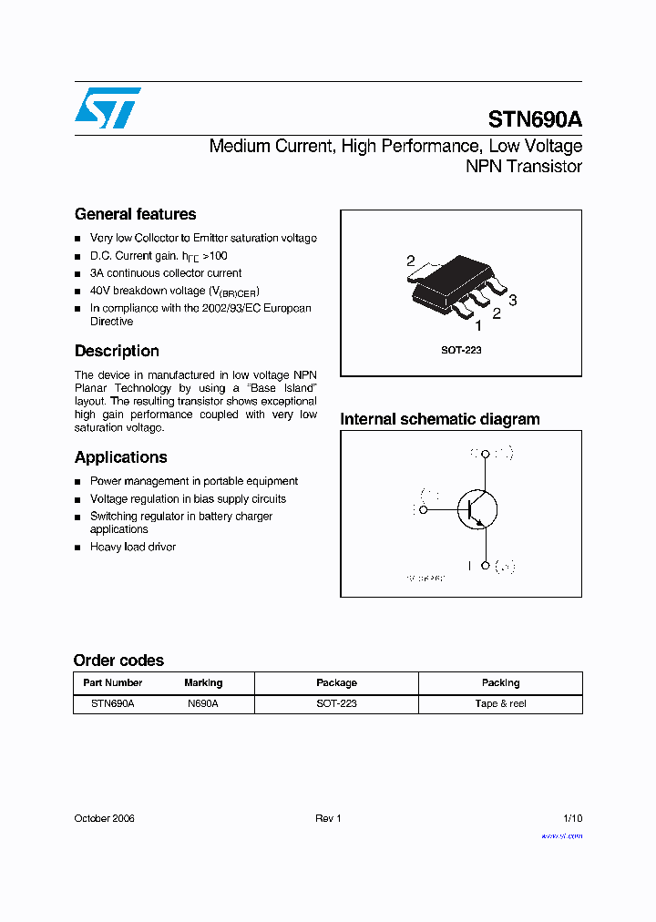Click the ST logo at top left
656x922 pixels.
click(x=108, y=108)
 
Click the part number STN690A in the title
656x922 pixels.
click(x=535, y=119)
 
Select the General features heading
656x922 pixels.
click(x=135, y=214)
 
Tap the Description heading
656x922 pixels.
click(x=117, y=351)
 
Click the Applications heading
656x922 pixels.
click(x=120, y=457)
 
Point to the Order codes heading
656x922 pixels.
click(x=118, y=661)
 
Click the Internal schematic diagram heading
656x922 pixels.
click(x=439, y=419)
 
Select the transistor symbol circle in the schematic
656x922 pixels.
click(x=477, y=509)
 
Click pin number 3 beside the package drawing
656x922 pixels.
click(x=513, y=301)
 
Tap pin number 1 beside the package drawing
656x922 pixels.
click(x=478, y=325)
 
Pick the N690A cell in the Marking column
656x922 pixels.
click(x=203, y=703)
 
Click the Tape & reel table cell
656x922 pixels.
click(x=500, y=703)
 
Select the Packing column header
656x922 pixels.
click(x=500, y=682)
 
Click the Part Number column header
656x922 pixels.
click(x=112, y=682)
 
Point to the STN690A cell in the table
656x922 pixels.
click(x=112, y=703)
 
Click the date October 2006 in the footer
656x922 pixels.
click(x=104, y=818)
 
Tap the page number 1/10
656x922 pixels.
click(x=571, y=818)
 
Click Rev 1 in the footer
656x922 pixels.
click(x=328, y=818)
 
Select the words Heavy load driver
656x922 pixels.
click(x=133, y=547)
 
